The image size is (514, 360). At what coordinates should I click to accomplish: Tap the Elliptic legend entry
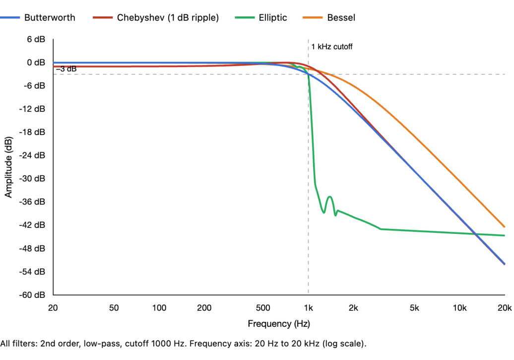tap(271, 17)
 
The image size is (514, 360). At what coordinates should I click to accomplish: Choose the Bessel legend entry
tap(341, 17)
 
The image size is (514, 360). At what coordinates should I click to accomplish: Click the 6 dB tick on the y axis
tap(36, 39)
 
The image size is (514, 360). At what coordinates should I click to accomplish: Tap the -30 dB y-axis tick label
tap(33, 178)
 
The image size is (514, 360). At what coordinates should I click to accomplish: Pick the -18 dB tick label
tap(33, 132)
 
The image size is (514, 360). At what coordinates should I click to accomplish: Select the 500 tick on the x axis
tap(263, 308)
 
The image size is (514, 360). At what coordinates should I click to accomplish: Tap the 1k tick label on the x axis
tap(308, 308)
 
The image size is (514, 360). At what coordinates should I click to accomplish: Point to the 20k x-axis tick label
tap(504, 308)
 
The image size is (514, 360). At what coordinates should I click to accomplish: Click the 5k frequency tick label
tap(414, 308)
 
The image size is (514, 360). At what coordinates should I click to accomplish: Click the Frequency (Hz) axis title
tap(279, 324)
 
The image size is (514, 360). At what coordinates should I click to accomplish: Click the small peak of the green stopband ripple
tap(329, 197)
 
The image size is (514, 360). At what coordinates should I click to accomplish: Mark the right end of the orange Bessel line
tap(505, 227)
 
